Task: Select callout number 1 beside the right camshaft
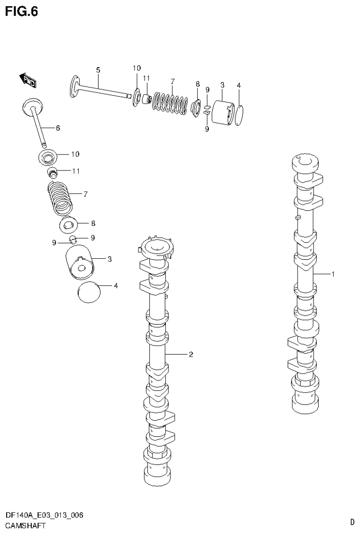click(x=333, y=274)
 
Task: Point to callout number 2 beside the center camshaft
click(x=191, y=355)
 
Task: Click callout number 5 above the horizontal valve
click(x=98, y=70)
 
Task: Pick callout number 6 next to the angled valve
click(x=58, y=128)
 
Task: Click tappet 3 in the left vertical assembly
click(x=79, y=263)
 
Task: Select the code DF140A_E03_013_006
click(x=44, y=515)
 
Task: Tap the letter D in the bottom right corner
click(x=352, y=521)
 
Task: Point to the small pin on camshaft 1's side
click(x=298, y=217)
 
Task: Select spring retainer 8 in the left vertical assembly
click(x=69, y=225)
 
